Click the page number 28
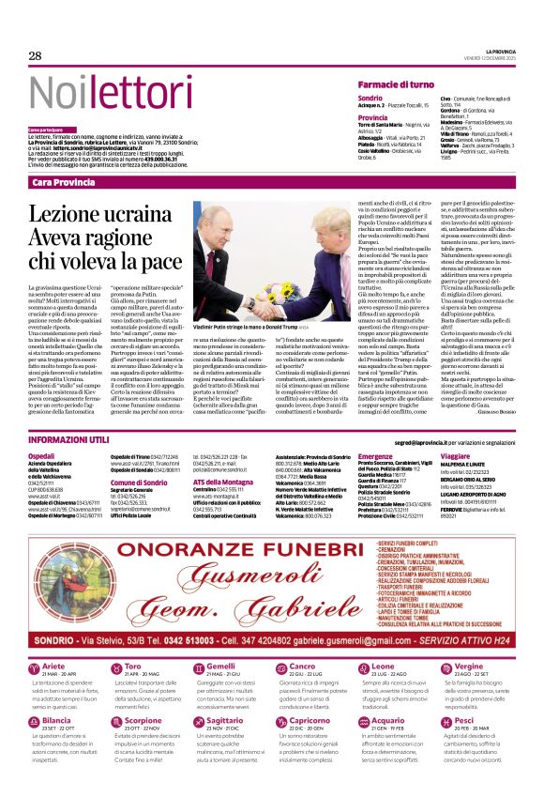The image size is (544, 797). point(35,56)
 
